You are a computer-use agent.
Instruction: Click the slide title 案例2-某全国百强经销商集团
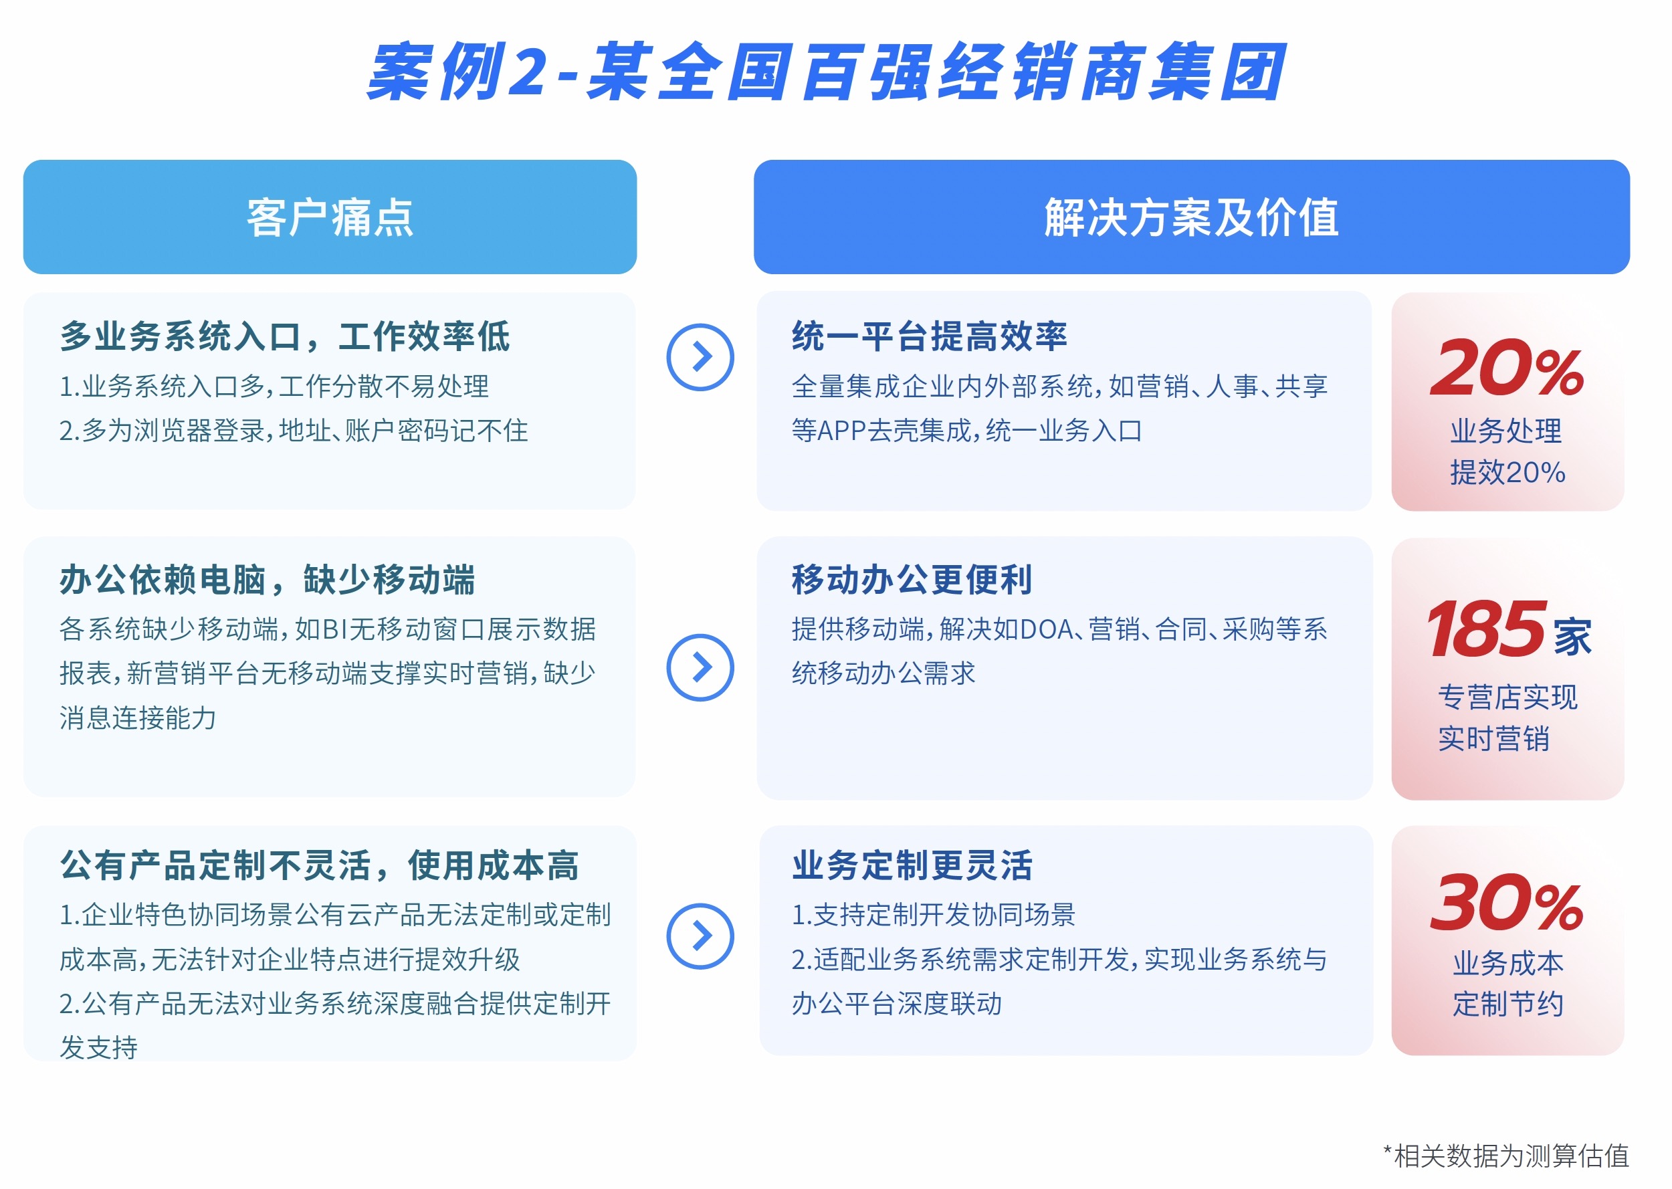coord(826,71)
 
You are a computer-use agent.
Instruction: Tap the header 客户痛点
coord(330,217)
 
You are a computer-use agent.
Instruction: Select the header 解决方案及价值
coord(1191,217)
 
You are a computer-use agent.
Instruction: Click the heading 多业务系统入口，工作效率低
coord(285,337)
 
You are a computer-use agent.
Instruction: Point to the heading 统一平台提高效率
coord(929,337)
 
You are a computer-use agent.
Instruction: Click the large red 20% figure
coord(1507,368)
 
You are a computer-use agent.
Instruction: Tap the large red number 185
coord(1486,628)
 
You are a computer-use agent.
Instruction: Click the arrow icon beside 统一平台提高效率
coord(700,357)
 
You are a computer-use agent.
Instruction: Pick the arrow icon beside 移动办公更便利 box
coord(700,667)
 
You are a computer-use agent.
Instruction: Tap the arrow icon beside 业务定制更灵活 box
coord(700,936)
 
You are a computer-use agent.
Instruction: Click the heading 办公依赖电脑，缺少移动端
coord(268,580)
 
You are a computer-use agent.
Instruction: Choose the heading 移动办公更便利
coord(912,580)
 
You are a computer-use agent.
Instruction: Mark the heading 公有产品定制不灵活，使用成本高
coord(319,865)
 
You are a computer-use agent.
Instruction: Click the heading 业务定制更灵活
coord(912,865)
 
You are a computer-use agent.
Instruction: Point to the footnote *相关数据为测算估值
coord(1506,1156)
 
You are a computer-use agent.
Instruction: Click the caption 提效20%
coord(1507,472)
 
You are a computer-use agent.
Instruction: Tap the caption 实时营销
coord(1493,739)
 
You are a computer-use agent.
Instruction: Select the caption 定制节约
coord(1508,1004)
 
